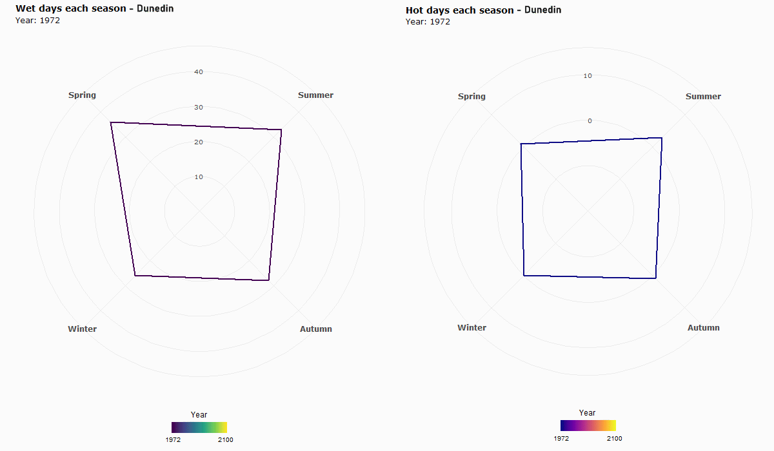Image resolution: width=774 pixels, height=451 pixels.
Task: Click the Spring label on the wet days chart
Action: point(82,95)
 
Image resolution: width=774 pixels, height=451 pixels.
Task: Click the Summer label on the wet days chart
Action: point(315,95)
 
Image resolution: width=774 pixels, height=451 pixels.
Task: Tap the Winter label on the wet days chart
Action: point(82,329)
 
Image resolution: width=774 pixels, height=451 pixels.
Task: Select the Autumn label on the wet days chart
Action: point(315,329)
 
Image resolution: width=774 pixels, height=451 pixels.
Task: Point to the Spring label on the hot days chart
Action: point(471,97)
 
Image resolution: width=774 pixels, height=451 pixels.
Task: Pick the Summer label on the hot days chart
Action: point(703,97)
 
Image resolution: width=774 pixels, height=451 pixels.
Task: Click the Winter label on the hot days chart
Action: point(471,328)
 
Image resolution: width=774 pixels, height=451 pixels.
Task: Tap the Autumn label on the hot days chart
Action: point(703,328)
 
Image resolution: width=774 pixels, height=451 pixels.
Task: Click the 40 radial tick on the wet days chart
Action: point(199,72)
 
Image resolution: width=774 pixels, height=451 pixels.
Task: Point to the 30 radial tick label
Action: point(199,108)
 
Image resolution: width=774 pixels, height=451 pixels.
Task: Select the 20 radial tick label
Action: point(199,142)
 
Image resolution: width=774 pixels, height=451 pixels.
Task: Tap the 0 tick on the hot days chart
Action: point(589,121)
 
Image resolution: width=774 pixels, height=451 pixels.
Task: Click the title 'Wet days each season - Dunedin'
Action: point(94,9)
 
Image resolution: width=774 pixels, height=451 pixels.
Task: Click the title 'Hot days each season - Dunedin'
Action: point(483,10)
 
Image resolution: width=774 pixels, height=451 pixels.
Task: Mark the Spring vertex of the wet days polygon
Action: point(111,122)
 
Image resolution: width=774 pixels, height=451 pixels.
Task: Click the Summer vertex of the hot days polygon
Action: point(662,138)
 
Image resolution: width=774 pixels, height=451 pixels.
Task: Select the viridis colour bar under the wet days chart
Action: point(199,427)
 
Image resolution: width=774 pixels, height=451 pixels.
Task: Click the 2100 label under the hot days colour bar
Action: point(614,438)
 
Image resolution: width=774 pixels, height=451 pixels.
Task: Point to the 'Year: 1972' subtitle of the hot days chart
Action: point(428,22)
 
